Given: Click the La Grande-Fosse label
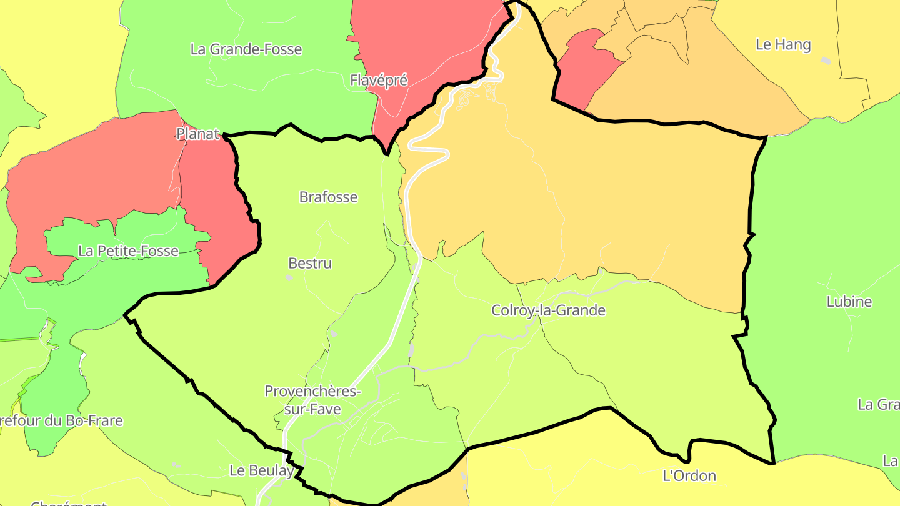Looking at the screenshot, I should point(246,49).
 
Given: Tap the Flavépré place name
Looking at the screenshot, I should point(379,81).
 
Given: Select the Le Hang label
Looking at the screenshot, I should point(783,45).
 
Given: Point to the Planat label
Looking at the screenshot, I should point(197,134).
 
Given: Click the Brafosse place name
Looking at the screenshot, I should point(328,197).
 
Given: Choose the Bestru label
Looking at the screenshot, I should point(310,264).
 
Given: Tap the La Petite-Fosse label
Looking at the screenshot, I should point(129,251).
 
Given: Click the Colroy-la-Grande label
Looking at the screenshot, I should point(548,310).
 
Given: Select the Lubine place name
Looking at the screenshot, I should point(849,302).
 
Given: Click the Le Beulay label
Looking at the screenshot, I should point(261,470).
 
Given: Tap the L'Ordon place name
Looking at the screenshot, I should point(689,476).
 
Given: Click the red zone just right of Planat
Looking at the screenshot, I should point(216,212).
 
